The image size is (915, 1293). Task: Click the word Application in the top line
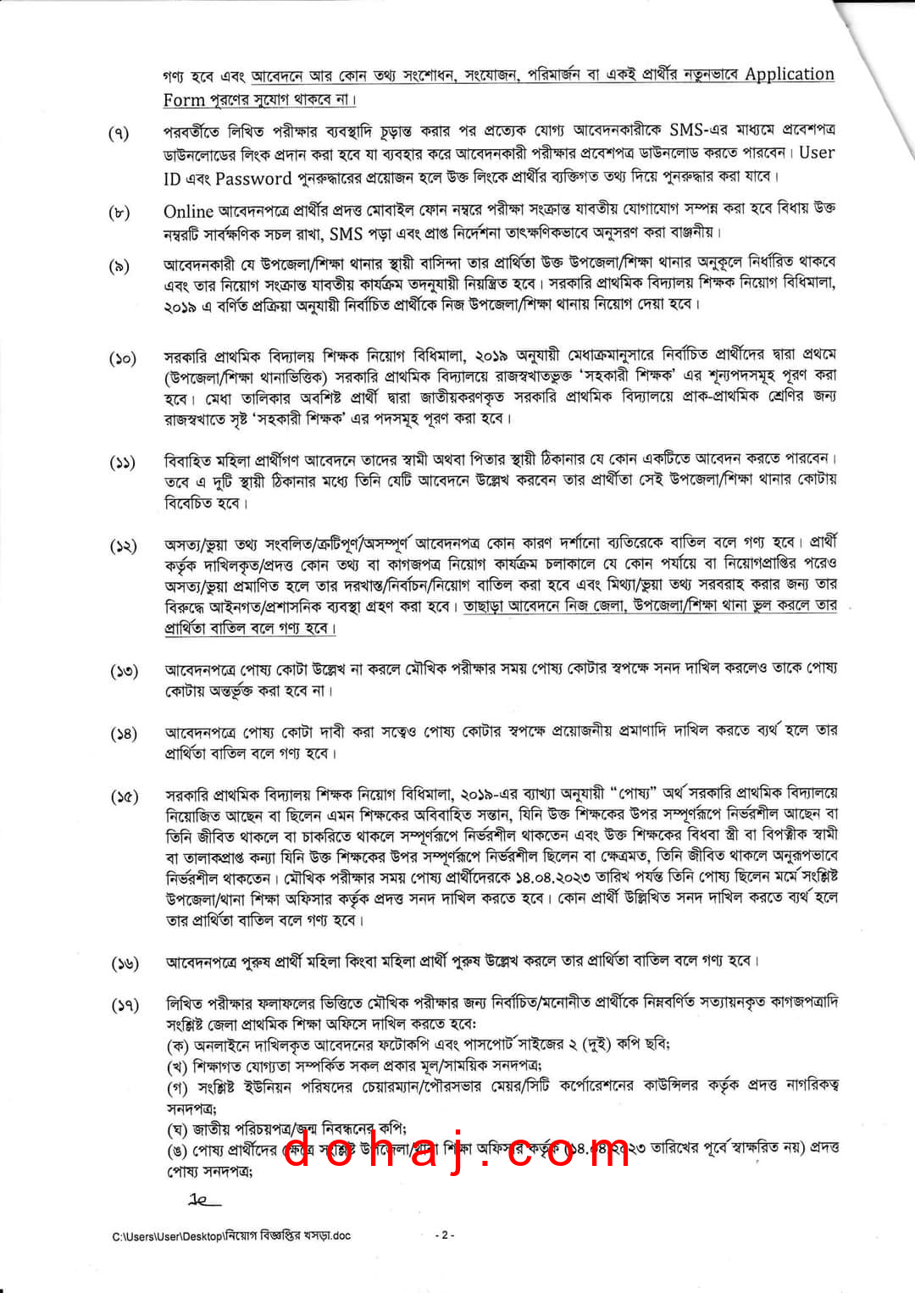[x=789, y=74]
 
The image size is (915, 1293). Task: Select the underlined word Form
[x=184, y=100]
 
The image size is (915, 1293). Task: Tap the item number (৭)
[x=119, y=133]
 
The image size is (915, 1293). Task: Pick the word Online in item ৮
[x=188, y=211]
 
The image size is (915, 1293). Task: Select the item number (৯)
[x=119, y=266]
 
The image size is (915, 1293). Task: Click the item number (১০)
[x=123, y=358]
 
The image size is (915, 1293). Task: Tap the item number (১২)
[x=123, y=546]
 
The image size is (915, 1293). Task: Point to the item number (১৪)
[x=124, y=734]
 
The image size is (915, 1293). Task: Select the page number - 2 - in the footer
[x=445, y=1235]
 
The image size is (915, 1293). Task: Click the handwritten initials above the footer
[x=202, y=1200]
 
